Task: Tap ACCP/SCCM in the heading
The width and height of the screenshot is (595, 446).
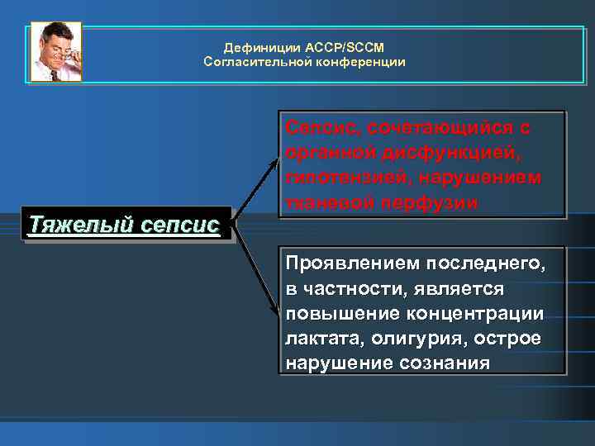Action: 336,48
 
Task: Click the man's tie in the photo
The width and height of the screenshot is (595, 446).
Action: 54,74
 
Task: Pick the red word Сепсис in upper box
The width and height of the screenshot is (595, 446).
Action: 317,129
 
